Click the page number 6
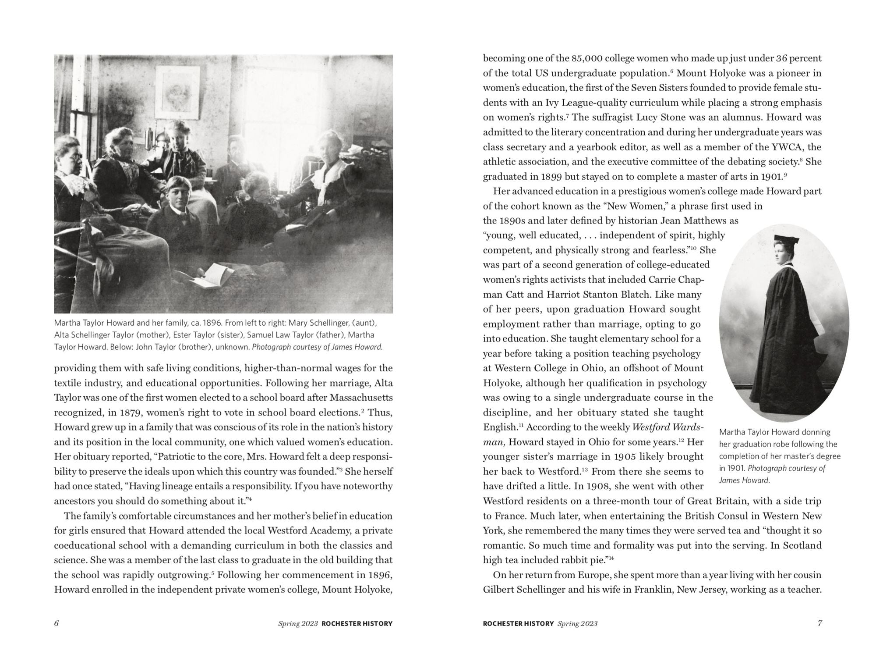pos(57,623)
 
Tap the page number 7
pos(819,623)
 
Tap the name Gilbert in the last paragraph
pos(499,590)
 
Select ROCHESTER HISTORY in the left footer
pos(357,623)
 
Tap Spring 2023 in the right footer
pos(577,623)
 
